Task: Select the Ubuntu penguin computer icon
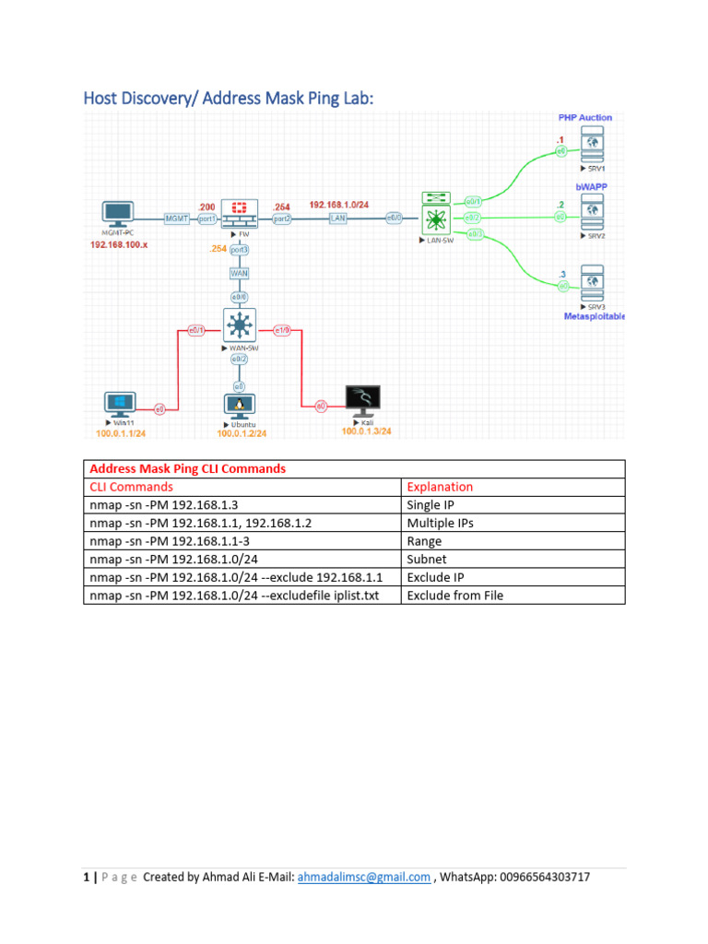[240, 405]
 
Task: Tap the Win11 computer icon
[119, 404]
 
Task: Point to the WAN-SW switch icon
[240, 325]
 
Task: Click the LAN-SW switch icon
[434, 218]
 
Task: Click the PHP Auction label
[584, 118]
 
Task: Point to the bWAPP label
[592, 186]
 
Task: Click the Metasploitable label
[594, 315]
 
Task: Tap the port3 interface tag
[240, 251]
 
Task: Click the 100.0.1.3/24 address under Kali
[366, 431]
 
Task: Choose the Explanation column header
[440, 487]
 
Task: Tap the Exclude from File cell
[454, 596]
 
